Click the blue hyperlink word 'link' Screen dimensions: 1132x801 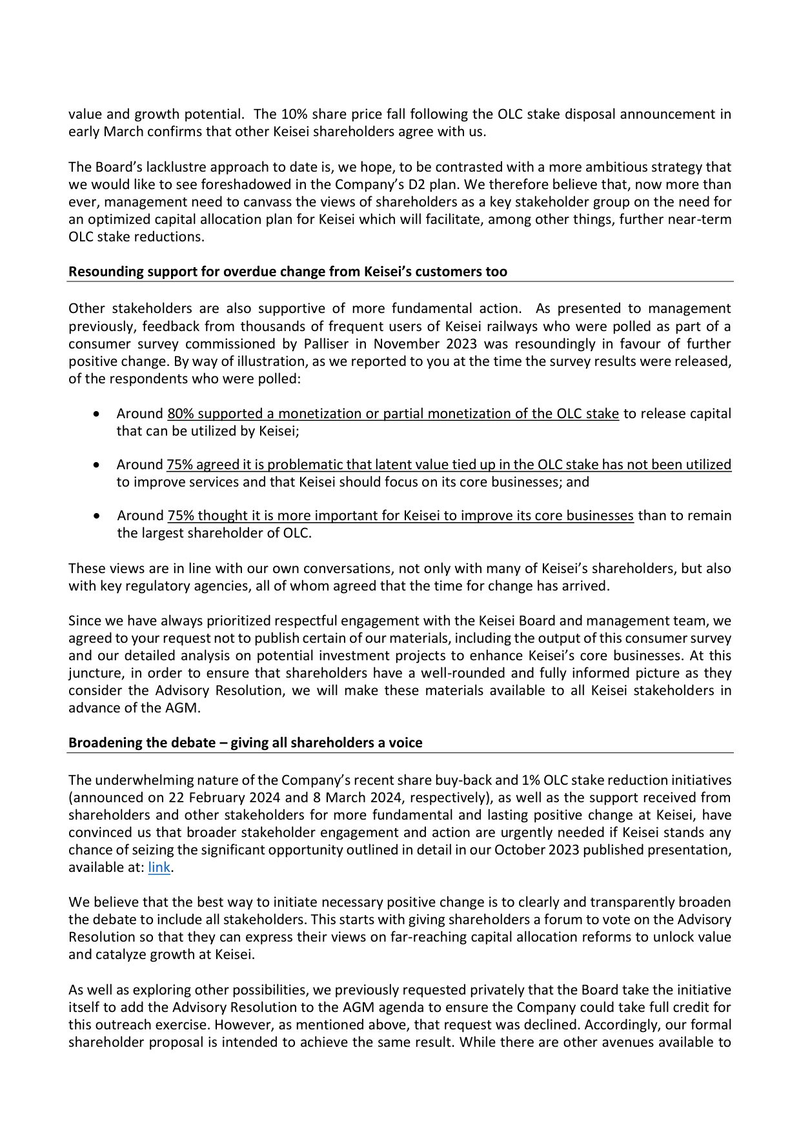point(159,867)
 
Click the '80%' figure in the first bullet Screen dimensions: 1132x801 point(181,414)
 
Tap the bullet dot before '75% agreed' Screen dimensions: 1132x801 point(97,465)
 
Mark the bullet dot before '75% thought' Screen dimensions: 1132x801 point(97,516)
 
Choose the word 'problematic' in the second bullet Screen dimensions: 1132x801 point(305,465)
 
